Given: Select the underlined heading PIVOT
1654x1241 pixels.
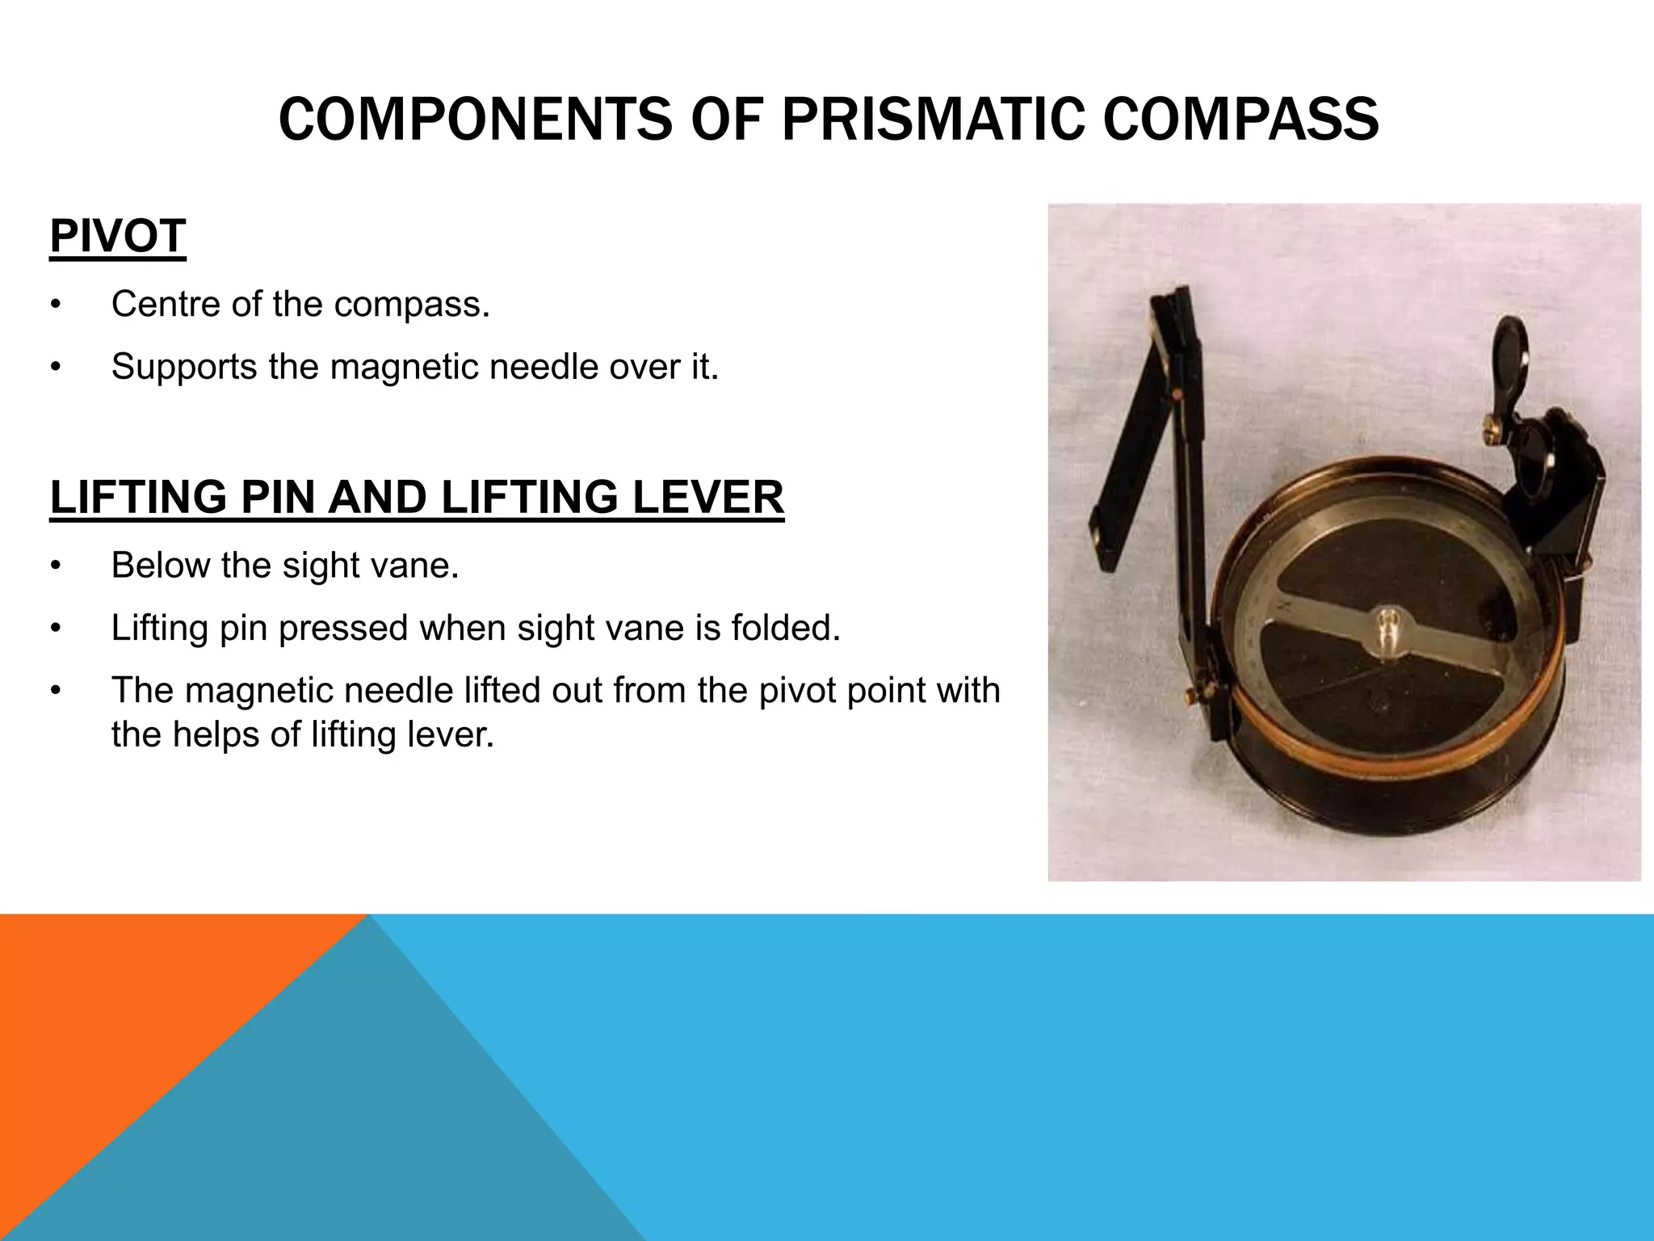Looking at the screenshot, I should [118, 236].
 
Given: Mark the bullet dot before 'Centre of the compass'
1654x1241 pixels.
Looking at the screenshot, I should [55, 305].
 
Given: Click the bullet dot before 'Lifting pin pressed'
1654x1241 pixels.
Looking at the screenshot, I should [55, 629].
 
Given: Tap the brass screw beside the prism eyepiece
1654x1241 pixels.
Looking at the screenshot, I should [1493, 435].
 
